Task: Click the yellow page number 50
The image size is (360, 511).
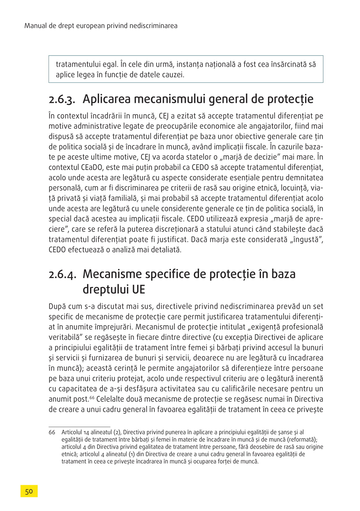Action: [29, 491]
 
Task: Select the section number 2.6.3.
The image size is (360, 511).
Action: [62, 100]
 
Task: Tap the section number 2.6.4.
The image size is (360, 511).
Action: [62, 275]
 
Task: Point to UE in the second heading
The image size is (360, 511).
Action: [138, 289]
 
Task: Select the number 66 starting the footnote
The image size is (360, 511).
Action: [52, 432]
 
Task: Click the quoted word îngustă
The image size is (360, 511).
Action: [307, 239]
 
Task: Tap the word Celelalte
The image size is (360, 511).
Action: [111, 399]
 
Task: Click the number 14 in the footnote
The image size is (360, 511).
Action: [86, 433]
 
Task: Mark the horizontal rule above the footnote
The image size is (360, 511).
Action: [79, 427]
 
